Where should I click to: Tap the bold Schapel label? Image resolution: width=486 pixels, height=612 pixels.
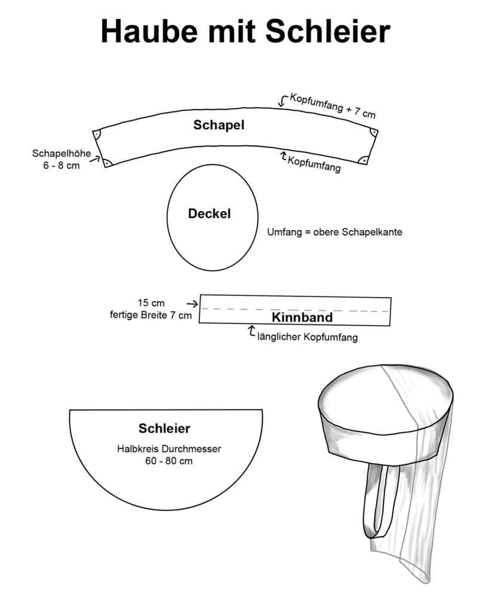point(219,125)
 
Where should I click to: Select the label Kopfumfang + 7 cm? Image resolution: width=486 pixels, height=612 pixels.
point(332,105)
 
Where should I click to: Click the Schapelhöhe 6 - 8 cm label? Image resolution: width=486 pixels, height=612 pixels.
point(61,160)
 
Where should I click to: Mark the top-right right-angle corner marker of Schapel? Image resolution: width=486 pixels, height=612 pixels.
point(373,132)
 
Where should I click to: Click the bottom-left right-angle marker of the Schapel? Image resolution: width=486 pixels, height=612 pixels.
point(107,162)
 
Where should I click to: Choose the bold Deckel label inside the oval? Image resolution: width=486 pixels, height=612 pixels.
point(209,213)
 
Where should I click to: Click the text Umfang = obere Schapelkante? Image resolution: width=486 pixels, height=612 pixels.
point(334,232)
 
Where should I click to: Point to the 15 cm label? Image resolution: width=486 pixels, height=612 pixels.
point(150,303)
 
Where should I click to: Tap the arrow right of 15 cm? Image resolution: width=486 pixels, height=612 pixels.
point(192,304)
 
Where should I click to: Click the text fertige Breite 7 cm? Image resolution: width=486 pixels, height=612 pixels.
point(150,315)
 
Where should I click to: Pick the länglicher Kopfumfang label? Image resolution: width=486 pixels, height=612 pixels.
point(307,337)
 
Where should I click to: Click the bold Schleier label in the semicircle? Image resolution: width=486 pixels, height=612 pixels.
point(164,428)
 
